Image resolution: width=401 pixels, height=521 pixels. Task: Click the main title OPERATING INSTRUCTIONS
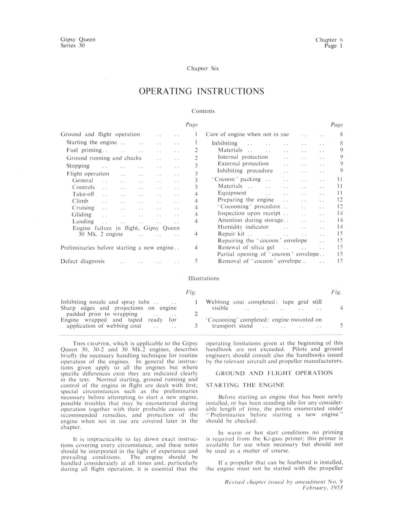[x=201, y=91]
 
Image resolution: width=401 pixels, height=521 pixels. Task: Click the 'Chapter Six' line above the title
[x=203, y=68]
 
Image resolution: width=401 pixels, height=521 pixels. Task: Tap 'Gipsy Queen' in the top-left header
[x=78, y=39]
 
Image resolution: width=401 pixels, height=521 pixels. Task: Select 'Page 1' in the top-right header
[x=334, y=46]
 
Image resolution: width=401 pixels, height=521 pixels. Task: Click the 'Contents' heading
[x=203, y=111]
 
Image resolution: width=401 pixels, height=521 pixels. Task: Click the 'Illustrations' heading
[x=203, y=278]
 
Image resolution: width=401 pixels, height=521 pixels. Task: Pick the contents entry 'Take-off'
[x=83, y=194]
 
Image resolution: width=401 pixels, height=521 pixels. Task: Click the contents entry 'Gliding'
[x=82, y=215]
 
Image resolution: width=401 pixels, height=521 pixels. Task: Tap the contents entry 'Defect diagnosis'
[x=83, y=261]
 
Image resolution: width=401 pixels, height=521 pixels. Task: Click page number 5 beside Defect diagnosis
[x=196, y=261]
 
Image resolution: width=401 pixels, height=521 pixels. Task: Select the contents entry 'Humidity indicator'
[x=243, y=227]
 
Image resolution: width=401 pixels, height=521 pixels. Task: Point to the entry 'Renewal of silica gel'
[x=246, y=248]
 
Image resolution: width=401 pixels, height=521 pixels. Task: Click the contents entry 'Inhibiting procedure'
[x=245, y=171]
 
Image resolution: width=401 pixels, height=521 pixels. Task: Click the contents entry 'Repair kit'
[x=231, y=234]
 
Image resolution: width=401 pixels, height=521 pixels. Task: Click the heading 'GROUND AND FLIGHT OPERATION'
[x=274, y=373]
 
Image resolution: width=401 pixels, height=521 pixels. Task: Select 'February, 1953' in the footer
[x=323, y=488]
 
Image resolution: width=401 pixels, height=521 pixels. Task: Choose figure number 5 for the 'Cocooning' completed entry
[x=341, y=326]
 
